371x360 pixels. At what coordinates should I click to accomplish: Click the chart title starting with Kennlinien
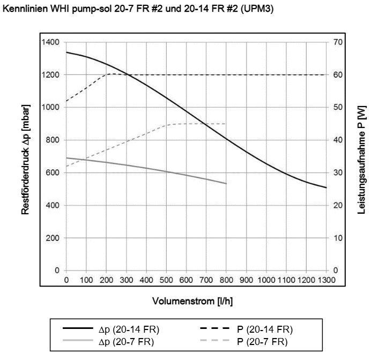coord(139,9)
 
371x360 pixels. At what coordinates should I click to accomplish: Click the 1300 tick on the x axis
coord(326,280)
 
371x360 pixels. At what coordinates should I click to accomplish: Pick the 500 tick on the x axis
coord(166,280)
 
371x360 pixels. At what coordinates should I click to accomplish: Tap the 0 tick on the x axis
coord(66,280)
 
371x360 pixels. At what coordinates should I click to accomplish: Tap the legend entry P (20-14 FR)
coord(265,328)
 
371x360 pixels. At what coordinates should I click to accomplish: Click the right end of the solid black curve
coord(326,187)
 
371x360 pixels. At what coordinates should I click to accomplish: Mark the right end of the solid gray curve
coord(226,183)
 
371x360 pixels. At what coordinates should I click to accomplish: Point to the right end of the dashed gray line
coord(226,124)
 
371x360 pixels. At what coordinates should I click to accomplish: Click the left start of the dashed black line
coord(66,101)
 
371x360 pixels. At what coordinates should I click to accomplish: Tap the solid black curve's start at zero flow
coord(66,52)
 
